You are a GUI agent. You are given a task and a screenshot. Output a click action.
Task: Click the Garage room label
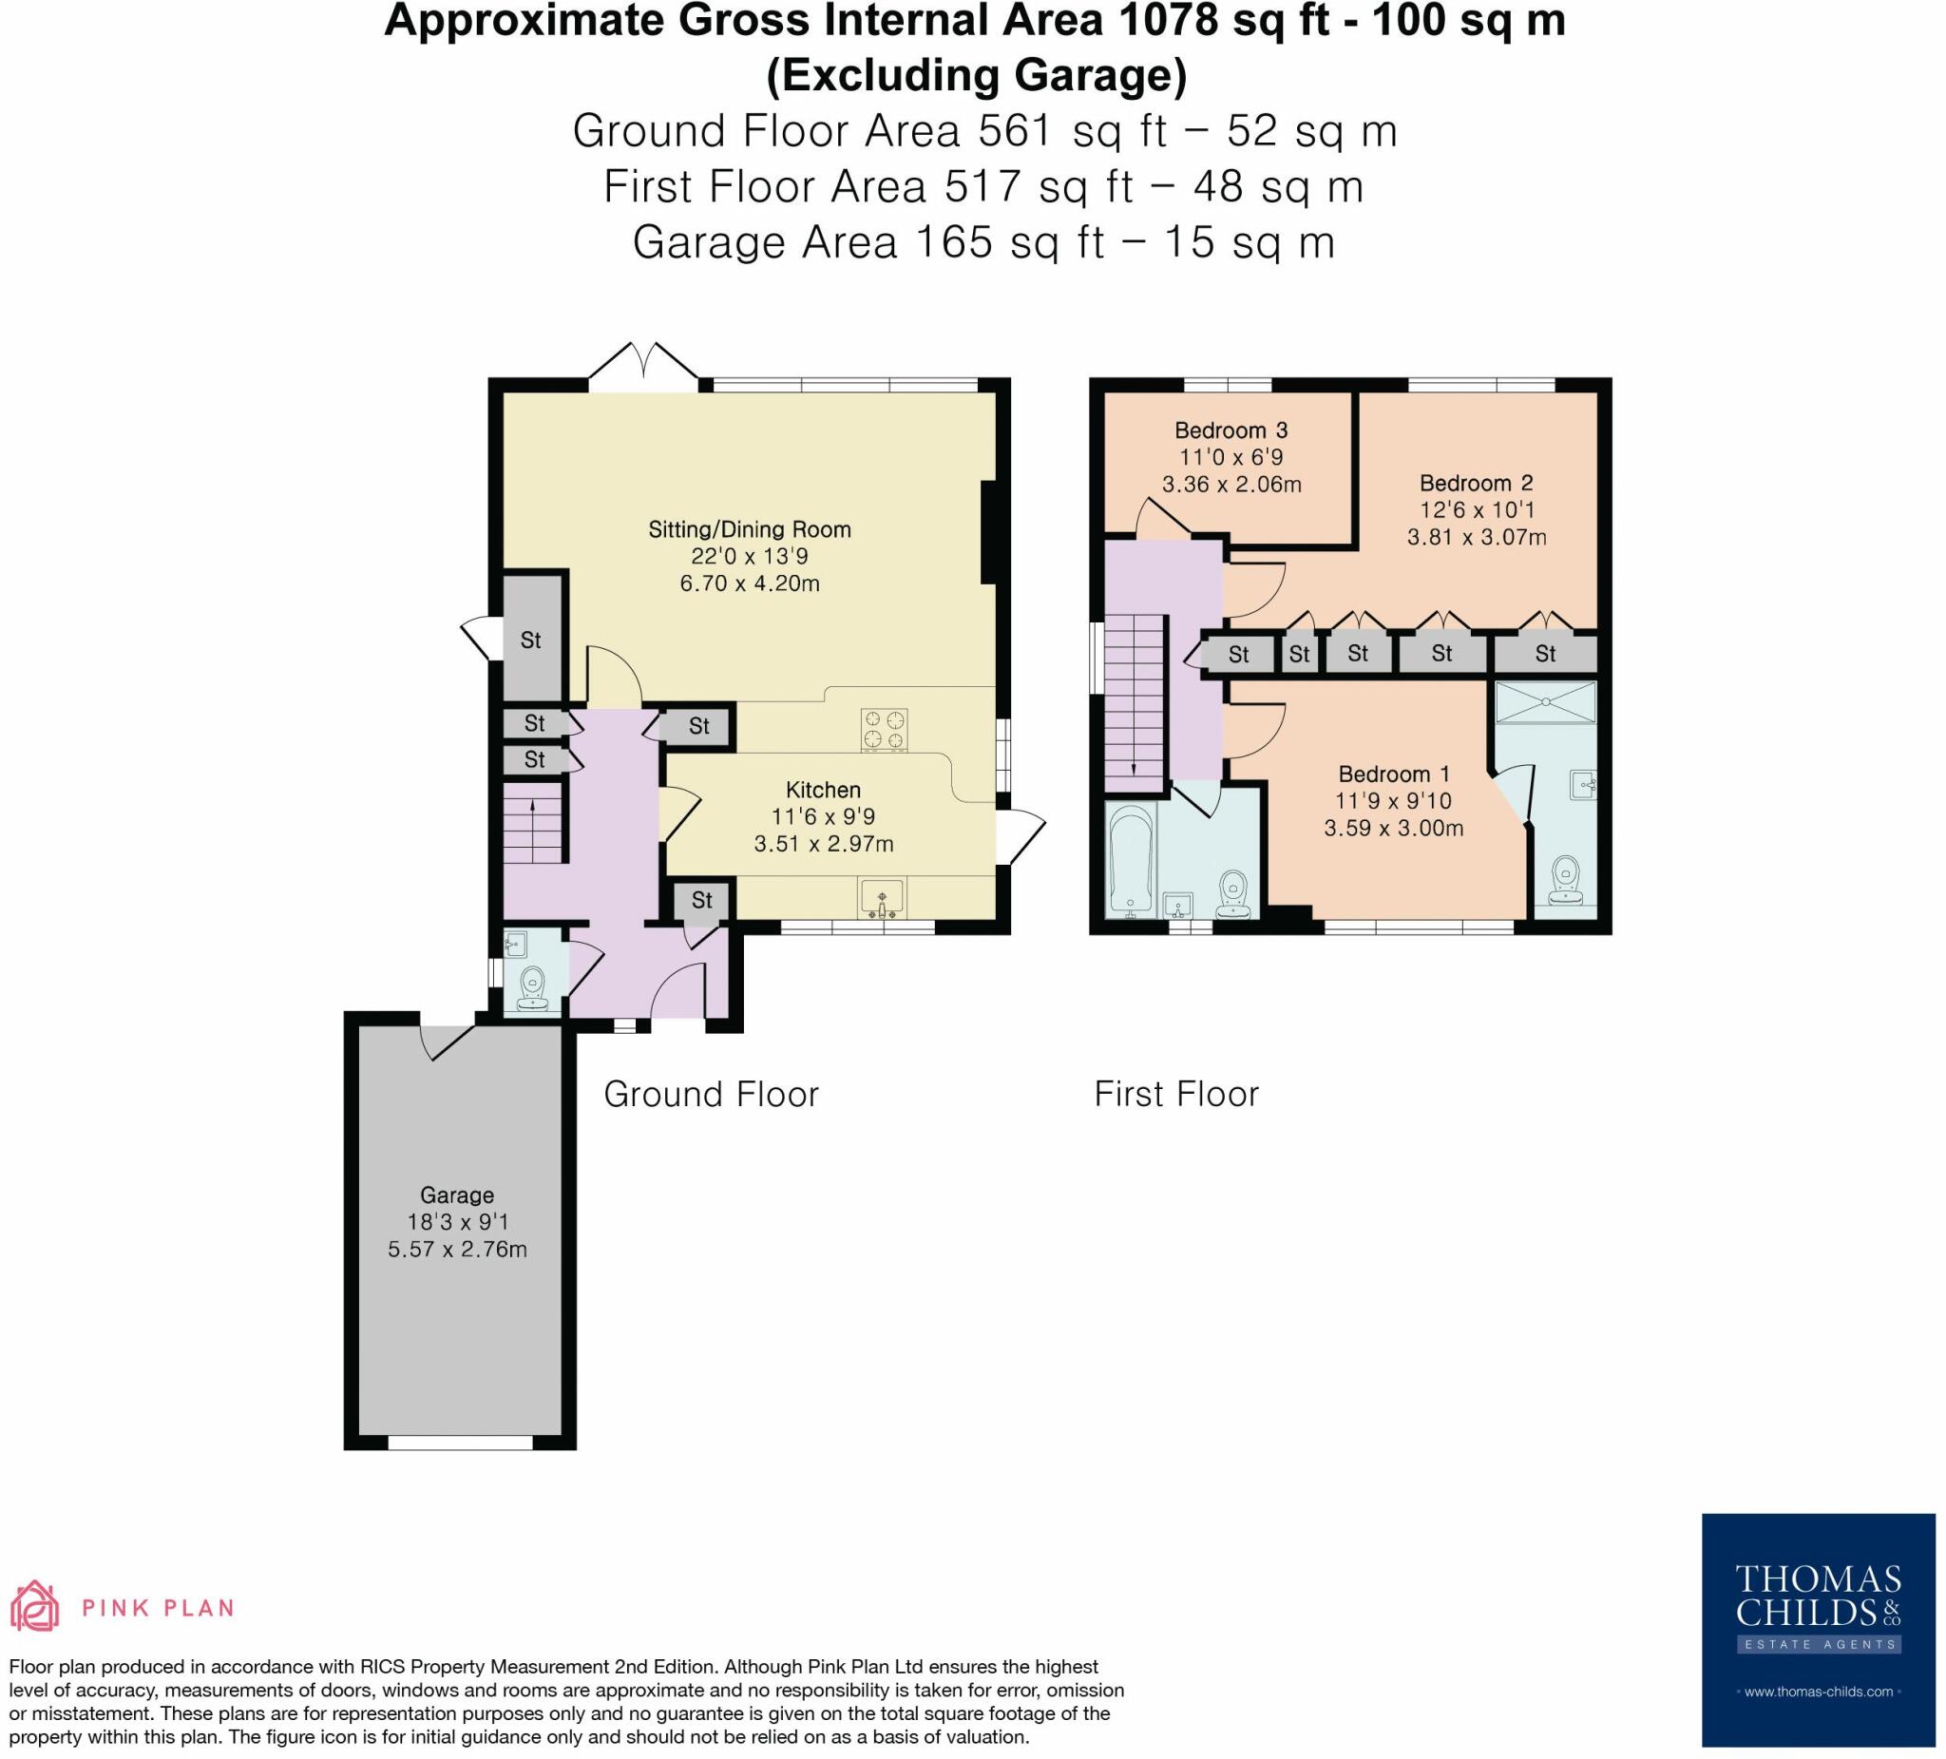[x=457, y=1195]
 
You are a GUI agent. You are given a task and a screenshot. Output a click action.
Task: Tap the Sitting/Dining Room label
[x=749, y=529]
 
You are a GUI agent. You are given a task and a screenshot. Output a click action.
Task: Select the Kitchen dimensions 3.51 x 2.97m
[x=824, y=844]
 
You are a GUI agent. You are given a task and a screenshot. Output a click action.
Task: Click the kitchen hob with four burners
[x=885, y=730]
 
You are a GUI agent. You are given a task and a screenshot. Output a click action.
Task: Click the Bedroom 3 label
[x=1231, y=430]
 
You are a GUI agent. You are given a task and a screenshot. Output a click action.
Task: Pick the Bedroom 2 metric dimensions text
[x=1476, y=538]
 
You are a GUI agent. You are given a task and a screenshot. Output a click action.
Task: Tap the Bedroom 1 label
[x=1394, y=774]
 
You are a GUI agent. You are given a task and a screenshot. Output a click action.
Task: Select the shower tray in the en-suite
[x=1544, y=703]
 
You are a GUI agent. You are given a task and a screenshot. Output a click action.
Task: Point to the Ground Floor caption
[x=711, y=1095]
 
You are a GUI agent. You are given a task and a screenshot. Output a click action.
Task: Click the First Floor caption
[x=1175, y=1095]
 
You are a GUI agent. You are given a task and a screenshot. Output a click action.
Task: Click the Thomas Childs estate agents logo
[x=1818, y=1630]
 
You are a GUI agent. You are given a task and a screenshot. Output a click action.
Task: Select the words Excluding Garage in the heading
[x=976, y=76]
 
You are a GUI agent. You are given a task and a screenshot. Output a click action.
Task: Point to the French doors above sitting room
[x=643, y=368]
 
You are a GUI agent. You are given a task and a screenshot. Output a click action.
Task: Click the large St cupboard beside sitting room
[x=531, y=640]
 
